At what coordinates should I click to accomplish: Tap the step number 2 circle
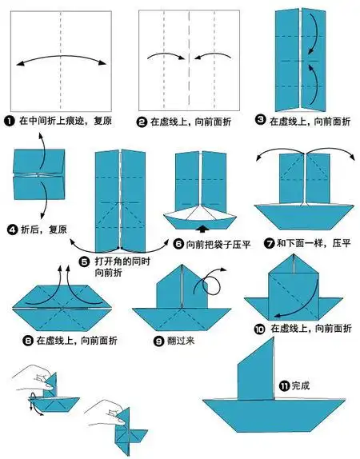143,122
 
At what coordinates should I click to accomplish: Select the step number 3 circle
260,122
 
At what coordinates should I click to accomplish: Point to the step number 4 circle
13,229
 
